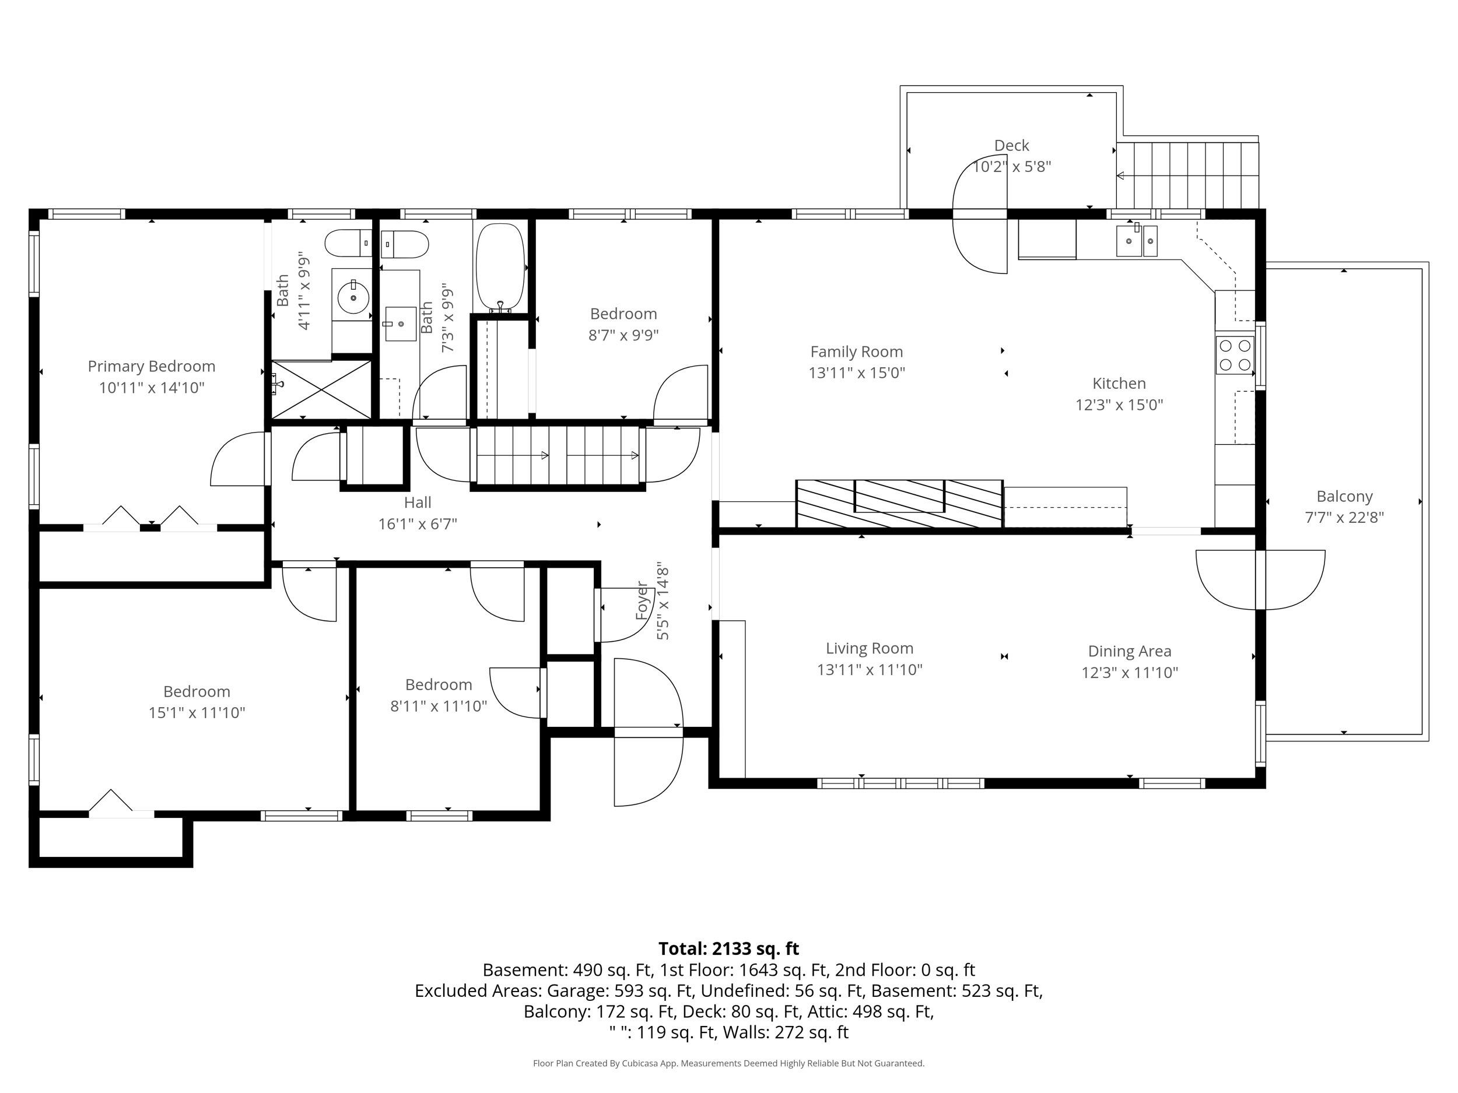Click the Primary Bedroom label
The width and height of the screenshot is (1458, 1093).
click(x=152, y=366)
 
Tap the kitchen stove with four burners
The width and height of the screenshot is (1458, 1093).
click(x=1235, y=355)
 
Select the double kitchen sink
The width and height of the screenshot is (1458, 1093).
click(x=1136, y=241)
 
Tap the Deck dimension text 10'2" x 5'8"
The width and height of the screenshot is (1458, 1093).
click(x=1012, y=167)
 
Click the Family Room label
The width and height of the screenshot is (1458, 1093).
click(x=856, y=352)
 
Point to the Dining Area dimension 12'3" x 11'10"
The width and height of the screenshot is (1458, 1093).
click(x=1129, y=673)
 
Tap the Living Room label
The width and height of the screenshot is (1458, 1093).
click(x=870, y=648)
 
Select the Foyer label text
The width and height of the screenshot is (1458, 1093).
click(x=642, y=601)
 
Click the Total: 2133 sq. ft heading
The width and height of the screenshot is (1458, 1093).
click(x=728, y=948)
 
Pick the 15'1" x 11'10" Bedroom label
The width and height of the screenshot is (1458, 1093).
click(x=197, y=692)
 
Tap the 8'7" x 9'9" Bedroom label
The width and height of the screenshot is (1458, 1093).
click(x=623, y=314)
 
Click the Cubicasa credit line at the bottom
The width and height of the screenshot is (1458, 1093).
click(x=728, y=1063)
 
